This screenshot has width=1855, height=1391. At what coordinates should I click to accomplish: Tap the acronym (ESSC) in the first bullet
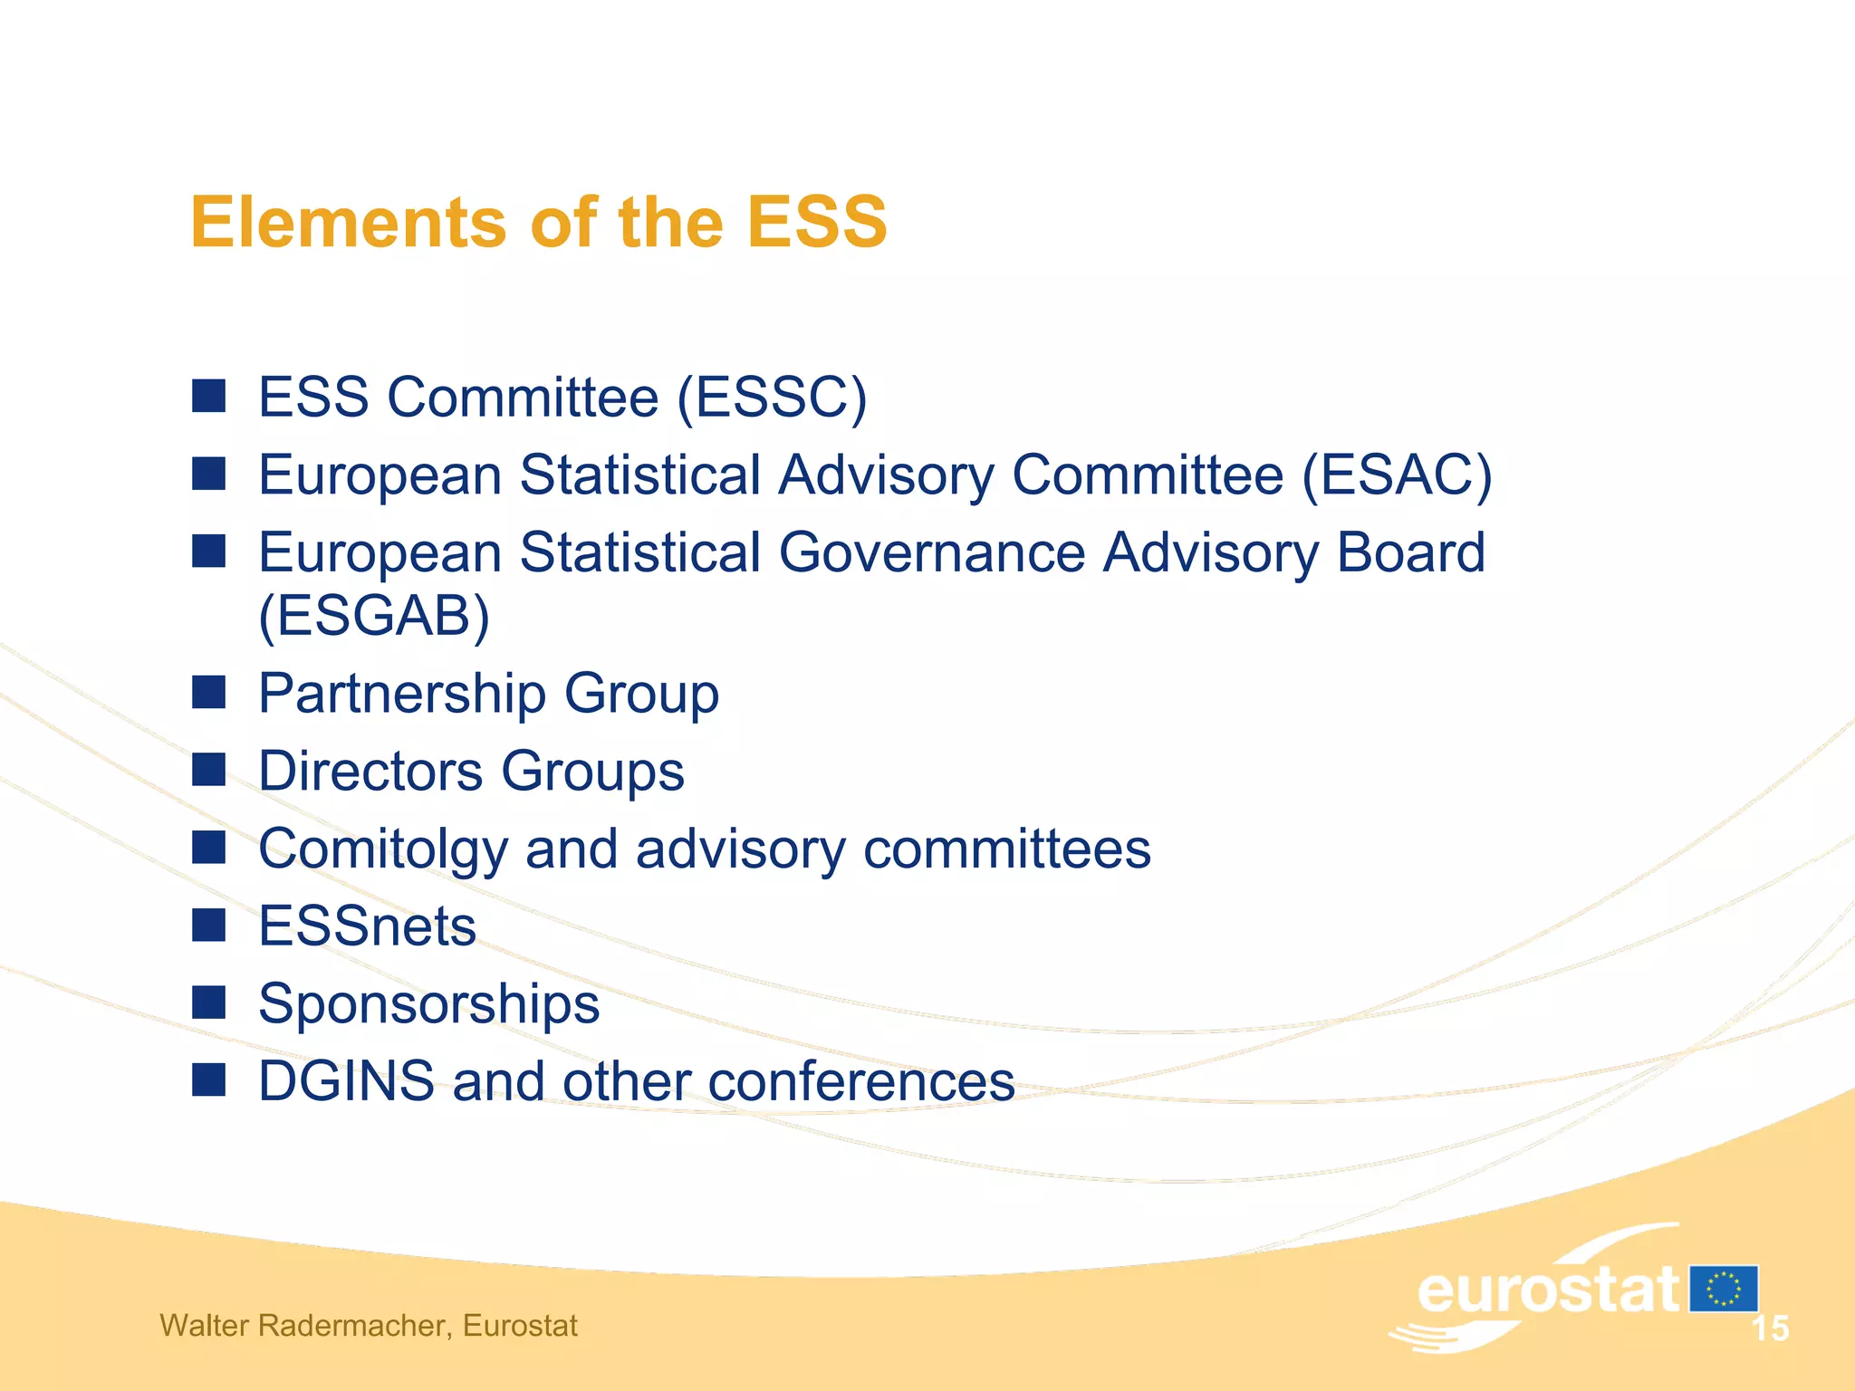772,398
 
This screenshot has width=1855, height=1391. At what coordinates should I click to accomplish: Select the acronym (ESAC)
1397,475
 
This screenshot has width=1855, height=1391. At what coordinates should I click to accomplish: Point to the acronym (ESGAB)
374,617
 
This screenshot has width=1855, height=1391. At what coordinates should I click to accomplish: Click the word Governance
932,552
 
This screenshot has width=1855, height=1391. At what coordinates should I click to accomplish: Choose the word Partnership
402,695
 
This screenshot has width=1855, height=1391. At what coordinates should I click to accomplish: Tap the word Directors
371,772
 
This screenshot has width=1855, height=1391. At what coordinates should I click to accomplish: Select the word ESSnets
367,926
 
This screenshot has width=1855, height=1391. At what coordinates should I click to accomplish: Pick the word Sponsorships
428,1004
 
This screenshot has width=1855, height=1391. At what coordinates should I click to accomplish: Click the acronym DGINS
346,1081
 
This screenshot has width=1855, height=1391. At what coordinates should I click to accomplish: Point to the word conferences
861,1082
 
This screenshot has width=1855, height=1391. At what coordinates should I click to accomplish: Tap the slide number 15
1770,1329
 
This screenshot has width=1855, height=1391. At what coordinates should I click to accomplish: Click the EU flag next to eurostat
1724,1289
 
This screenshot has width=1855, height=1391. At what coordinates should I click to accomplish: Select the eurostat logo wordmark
1547,1290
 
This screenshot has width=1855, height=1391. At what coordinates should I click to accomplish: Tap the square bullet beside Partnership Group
209,693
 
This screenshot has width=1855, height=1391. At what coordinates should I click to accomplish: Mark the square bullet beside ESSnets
209,926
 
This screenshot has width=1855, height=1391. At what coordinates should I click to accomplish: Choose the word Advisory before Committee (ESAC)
886,475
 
